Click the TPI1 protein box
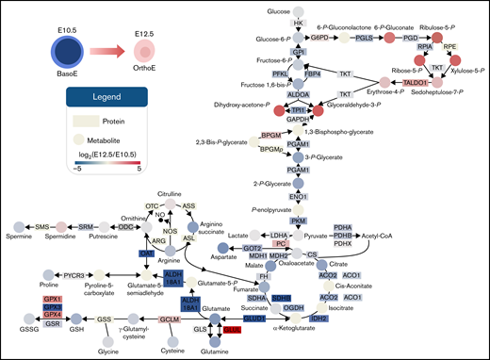pyautogui.click(x=299, y=109)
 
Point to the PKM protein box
pyautogui.click(x=299, y=220)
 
